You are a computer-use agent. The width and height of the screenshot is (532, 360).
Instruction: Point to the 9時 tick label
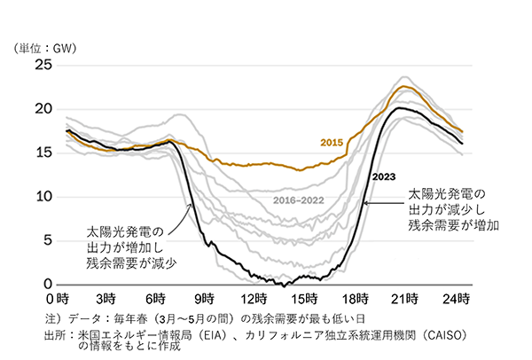206,298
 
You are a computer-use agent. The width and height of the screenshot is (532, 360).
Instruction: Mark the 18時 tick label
356,298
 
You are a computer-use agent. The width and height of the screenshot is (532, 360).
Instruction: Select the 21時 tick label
406,298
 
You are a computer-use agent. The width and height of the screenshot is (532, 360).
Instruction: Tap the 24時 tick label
457,298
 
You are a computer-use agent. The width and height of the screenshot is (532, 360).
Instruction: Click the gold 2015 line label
332,142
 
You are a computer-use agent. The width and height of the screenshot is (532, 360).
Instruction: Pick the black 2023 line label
384,176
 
